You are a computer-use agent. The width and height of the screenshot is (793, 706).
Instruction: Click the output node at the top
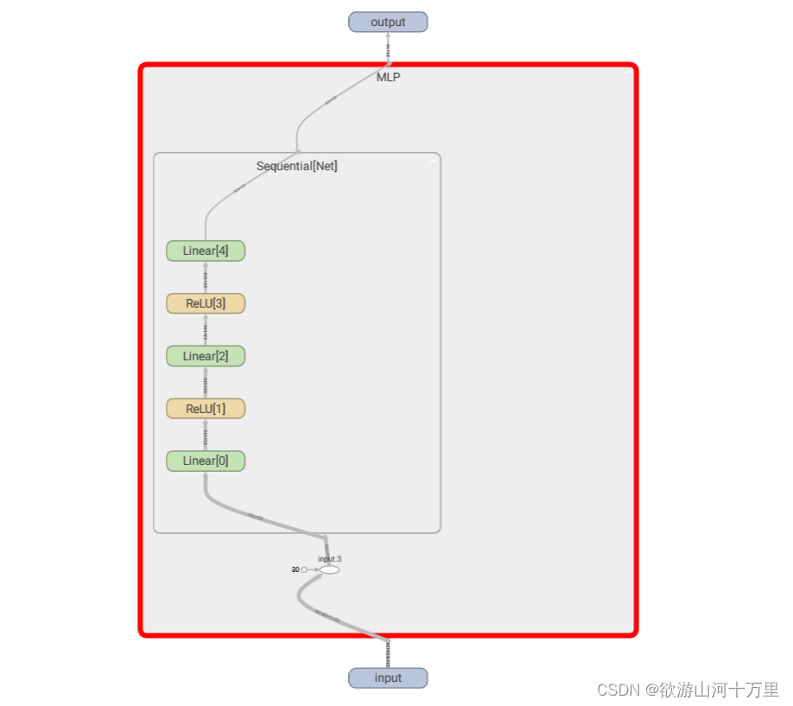388,22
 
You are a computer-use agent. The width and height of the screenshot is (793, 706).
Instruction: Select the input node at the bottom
388,677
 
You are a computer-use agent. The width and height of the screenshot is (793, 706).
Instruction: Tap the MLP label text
388,77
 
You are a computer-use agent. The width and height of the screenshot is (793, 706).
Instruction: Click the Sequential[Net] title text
296,166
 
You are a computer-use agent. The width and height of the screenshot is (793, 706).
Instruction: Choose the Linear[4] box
206,251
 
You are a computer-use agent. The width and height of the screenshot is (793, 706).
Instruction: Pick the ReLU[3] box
206,303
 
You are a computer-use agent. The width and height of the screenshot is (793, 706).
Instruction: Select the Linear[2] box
206,356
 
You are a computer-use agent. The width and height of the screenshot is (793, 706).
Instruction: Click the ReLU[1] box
206,408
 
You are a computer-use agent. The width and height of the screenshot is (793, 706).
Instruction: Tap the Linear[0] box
206,461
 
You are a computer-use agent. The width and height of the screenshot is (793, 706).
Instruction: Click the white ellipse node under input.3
329,569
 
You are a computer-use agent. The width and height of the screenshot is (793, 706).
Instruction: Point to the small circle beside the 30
304,569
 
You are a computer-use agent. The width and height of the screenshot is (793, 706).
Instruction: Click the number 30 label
295,569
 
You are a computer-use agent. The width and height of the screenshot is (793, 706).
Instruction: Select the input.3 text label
329,559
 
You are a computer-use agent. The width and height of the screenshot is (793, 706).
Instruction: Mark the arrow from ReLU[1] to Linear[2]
206,382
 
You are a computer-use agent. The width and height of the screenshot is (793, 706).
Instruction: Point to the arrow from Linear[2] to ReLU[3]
206,330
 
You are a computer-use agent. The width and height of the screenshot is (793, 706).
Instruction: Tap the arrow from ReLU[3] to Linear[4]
206,277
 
